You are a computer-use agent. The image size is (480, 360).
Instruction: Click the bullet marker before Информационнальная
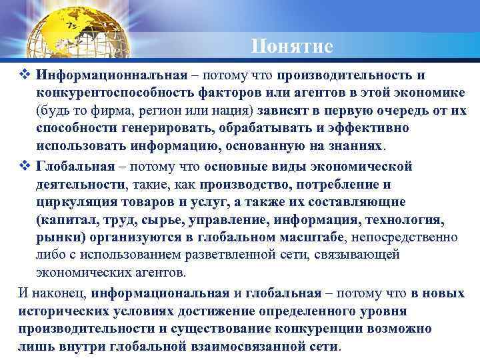coord(27,75)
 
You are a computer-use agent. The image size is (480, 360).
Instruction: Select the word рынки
coord(57,237)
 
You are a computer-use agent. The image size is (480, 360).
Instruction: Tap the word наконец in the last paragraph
coord(57,293)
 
